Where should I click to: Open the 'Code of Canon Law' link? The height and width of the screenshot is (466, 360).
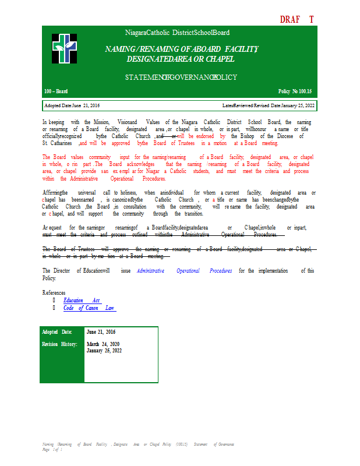click(x=89, y=308)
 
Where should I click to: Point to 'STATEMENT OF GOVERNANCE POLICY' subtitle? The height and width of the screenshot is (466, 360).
click(x=181, y=77)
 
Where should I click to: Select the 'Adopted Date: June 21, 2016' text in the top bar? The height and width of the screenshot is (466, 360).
click(x=72, y=105)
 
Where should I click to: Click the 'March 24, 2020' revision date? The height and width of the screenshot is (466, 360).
click(x=103, y=344)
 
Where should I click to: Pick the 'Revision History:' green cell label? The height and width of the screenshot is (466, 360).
click(x=59, y=344)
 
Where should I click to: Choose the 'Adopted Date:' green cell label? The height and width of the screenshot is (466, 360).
click(x=57, y=331)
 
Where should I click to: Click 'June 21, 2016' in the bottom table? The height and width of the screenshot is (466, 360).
click(x=101, y=331)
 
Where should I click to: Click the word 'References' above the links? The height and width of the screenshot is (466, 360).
click(x=54, y=292)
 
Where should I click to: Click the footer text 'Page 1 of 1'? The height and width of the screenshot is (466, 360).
click(x=52, y=449)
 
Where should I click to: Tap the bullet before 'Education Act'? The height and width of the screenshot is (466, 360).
click(x=54, y=301)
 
